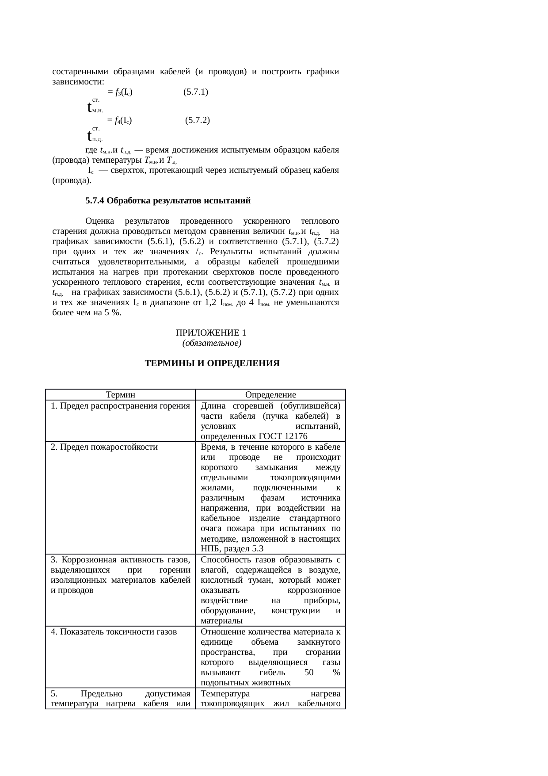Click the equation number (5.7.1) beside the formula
point(196,92)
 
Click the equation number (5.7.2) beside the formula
point(198,120)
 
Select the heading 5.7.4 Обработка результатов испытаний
point(168,201)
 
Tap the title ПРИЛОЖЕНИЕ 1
point(211,333)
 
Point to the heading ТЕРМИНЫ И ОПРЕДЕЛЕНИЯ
point(212,363)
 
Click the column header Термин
point(121,395)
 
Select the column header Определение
point(270,395)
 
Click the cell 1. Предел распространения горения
point(120,406)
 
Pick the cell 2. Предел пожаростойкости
point(104,447)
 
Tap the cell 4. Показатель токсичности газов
point(114,632)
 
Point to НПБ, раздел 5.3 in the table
point(232,549)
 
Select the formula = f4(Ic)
point(120,120)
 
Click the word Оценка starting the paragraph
point(100,221)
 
